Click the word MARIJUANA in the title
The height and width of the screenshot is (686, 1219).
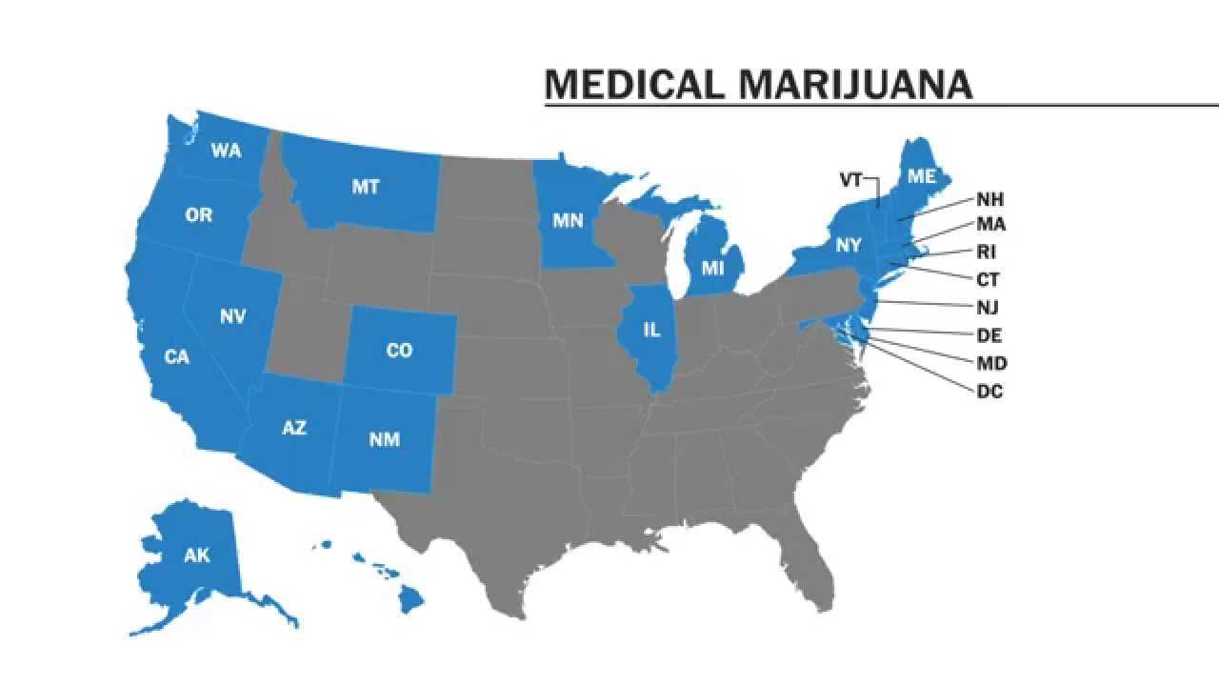[855, 85]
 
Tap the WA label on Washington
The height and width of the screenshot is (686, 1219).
[226, 151]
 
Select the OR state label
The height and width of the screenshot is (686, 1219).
[199, 215]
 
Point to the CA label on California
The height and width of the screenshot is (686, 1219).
[176, 357]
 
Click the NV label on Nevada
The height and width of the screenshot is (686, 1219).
[233, 316]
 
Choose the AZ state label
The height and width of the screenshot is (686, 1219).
[294, 428]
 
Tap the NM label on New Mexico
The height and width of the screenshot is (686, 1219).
[385, 439]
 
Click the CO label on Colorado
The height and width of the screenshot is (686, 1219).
[399, 351]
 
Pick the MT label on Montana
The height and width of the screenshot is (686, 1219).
[366, 187]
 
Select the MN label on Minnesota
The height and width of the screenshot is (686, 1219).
[569, 221]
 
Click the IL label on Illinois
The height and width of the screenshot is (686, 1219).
[651, 330]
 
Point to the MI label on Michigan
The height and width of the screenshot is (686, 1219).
[713, 268]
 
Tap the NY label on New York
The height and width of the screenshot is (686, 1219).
[849, 245]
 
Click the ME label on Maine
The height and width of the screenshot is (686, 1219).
[921, 176]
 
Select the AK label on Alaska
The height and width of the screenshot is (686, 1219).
[197, 555]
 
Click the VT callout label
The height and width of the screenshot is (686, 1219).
[850, 179]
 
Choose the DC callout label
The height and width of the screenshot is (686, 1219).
[989, 391]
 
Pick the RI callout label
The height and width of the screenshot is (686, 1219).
[986, 252]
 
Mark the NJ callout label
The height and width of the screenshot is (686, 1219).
[988, 308]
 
